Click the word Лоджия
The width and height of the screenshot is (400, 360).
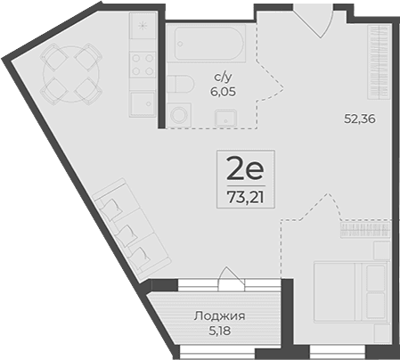click(x=219, y=315)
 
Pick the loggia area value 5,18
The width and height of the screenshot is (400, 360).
click(x=219, y=330)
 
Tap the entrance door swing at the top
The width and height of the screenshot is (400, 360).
click(x=314, y=20)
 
